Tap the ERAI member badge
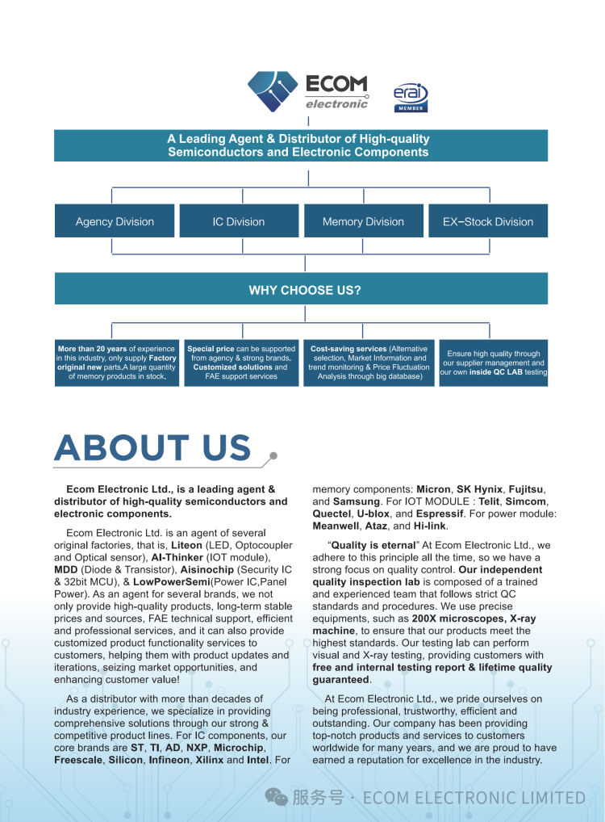pos(411,97)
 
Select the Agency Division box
pos(115,221)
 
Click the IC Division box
pos(239,221)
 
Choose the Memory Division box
pos(363,221)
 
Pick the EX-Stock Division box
pos(488,221)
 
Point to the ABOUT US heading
pos(153,449)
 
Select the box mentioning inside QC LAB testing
pos(494,363)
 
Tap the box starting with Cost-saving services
pos(369,363)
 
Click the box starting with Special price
pos(241,363)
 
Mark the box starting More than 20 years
pos(116,363)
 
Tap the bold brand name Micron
pos(433,489)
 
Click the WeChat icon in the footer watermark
pos(277,798)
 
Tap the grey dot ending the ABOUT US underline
pos(273,456)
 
